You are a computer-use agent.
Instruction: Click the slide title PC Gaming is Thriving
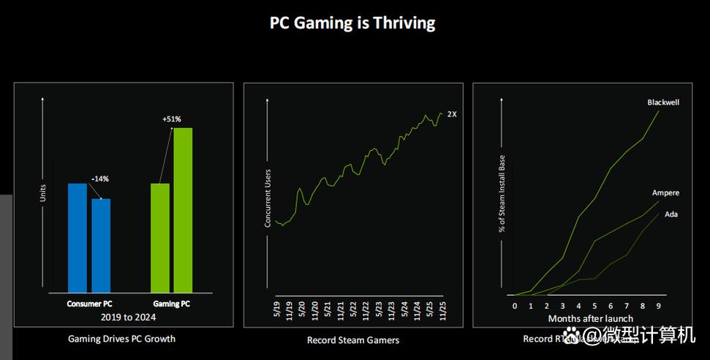click(352, 23)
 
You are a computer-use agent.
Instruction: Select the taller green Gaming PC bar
click(183, 211)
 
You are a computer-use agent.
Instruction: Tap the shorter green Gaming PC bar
click(160, 239)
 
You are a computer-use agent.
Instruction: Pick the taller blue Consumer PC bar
click(78, 239)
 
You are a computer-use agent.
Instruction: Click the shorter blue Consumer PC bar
click(101, 246)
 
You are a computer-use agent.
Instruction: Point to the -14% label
click(101, 179)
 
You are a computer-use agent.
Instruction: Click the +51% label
click(171, 119)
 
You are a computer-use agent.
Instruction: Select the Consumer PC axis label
click(89, 303)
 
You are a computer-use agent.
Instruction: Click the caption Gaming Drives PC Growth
click(121, 339)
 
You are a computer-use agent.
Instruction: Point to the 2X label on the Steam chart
click(452, 114)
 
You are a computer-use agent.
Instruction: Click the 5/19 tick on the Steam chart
click(277, 310)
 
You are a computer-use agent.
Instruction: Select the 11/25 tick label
click(443, 310)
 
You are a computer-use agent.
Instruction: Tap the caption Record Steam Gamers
click(352, 340)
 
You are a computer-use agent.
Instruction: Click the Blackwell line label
click(663, 102)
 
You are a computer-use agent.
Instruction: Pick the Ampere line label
click(665, 193)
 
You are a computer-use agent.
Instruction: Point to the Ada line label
click(671, 214)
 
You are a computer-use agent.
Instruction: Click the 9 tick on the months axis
click(660, 306)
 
